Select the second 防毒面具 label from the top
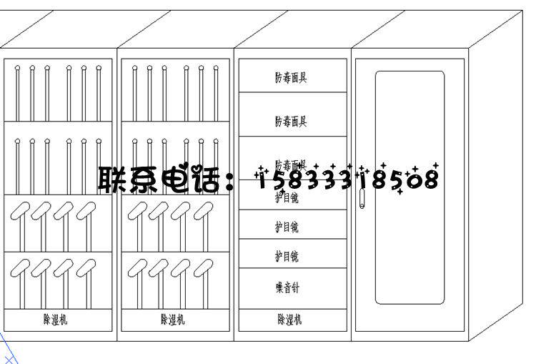point(291,121)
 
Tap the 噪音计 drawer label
point(288,287)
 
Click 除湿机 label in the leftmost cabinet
point(55,320)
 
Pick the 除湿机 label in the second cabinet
point(172,320)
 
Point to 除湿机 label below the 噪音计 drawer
point(289,320)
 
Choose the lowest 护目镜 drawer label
point(287,255)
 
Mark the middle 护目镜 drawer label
point(287,227)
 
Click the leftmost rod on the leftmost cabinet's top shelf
point(17,93)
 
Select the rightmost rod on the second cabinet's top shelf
point(216,93)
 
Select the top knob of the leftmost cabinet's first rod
point(17,69)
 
